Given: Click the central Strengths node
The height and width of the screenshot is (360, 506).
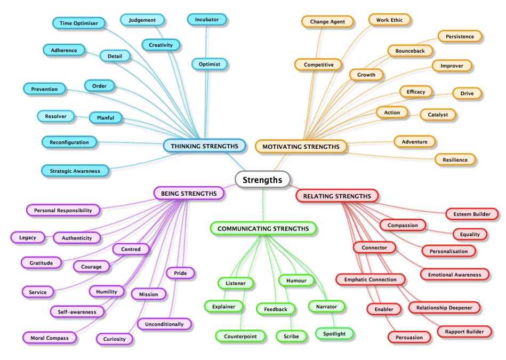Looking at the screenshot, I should [x=262, y=180].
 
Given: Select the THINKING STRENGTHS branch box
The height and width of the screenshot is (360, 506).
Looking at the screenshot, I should [x=205, y=146].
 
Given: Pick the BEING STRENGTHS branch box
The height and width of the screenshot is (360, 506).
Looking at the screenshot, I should [x=188, y=193].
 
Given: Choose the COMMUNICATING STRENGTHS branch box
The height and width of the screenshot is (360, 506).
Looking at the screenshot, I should [x=263, y=229].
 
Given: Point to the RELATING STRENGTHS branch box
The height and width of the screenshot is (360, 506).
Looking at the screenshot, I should [x=337, y=196].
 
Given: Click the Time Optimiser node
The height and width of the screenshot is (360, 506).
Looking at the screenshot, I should [x=78, y=23].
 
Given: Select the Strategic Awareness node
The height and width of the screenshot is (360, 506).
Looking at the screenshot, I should [x=75, y=171].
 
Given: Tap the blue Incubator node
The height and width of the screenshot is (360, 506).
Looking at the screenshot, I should [x=207, y=20].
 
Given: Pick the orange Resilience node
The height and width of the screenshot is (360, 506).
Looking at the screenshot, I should [x=455, y=159].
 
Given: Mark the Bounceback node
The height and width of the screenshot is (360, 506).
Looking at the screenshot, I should [x=410, y=51].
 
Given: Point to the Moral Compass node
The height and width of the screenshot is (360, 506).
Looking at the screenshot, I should [x=49, y=338].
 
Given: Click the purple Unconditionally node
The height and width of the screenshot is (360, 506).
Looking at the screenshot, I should [x=164, y=324].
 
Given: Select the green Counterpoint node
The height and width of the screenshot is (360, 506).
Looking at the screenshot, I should [x=240, y=336].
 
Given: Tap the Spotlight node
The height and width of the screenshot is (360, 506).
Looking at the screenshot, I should [x=334, y=334].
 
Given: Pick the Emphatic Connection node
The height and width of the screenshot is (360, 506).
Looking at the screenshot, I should [x=370, y=279].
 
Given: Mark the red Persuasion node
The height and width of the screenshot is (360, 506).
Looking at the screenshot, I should [x=409, y=337].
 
